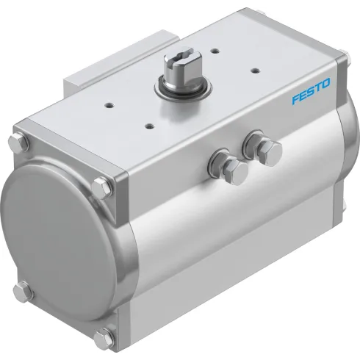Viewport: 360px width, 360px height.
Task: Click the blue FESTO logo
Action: (x=311, y=96)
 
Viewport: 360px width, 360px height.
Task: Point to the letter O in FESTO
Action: (x=326, y=90)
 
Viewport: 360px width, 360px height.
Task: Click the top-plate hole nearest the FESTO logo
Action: (x=254, y=71)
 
